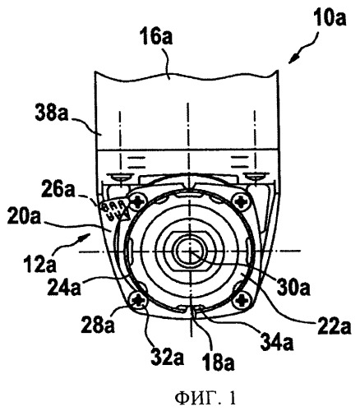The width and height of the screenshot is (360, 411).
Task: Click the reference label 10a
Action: pos(330,17)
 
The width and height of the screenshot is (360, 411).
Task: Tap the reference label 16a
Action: pos(157,37)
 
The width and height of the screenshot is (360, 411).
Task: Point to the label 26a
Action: pos(58,190)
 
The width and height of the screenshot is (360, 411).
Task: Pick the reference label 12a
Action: pos(40,265)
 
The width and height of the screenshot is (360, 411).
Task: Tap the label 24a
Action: pos(64,287)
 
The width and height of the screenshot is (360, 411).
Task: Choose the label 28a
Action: pos(97,325)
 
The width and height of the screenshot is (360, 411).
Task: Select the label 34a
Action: pos(277,343)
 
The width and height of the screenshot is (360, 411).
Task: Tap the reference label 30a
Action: pos(293,288)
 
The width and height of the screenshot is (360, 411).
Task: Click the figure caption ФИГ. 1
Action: pos(205,399)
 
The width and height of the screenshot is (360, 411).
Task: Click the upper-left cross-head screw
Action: pos(137,202)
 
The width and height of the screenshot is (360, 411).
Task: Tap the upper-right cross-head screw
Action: pos(241,202)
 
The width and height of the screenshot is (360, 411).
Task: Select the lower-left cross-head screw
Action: pos(137,302)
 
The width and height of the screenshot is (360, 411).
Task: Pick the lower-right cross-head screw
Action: pos(242,301)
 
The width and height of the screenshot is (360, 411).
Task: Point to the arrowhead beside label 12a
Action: pos(85,237)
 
